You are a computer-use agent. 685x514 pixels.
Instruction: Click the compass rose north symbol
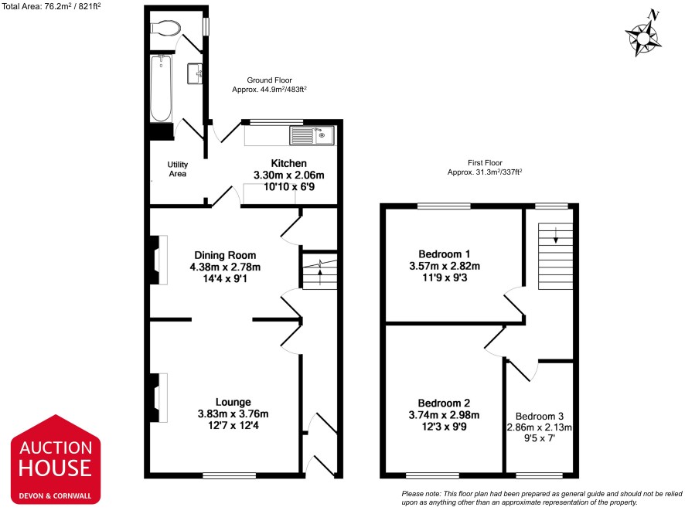pos(643,34)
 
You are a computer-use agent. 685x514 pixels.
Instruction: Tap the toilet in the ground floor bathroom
pos(165,29)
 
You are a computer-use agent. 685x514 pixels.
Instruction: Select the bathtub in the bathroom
pos(162,88)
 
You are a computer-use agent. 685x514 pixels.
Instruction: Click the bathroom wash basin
pos(195,73)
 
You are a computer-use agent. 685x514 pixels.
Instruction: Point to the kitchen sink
pos(312,135)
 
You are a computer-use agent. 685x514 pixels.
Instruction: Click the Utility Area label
pos(177,169)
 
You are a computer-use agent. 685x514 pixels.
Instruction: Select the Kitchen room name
pos(288,163)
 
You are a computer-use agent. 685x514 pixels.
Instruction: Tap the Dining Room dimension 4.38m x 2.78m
pos(225,267)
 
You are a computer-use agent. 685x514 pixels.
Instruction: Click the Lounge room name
pos(233,402)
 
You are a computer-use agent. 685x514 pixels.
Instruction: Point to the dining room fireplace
pos(159,260)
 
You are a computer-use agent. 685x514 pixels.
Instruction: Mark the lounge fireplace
pos(159,397)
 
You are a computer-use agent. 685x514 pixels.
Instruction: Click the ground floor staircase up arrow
pos(320,277)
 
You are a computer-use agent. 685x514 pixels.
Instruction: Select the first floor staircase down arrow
pos(556,235)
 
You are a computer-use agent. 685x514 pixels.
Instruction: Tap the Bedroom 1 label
pos(445,254)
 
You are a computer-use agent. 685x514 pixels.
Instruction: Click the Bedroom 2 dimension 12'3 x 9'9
pos(444,427)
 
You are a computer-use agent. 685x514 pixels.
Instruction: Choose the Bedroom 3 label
pos(540,417)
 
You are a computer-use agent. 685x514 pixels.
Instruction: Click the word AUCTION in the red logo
pos(56,448)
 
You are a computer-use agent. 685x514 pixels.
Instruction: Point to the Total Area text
pos(51,6)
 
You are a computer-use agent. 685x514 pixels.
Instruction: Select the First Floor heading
pos(485,162)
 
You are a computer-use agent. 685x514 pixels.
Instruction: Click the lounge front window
pos(230,475)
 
